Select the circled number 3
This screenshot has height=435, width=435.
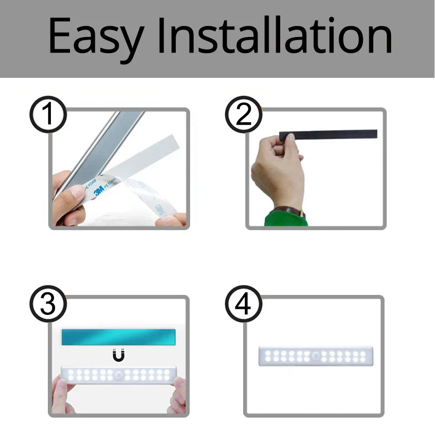(48, 304)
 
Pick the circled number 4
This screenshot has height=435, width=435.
(243, 304)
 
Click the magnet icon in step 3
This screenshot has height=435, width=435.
(118, 355)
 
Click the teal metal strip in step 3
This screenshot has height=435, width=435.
(118, 337)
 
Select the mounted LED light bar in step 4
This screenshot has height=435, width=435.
(316, 356)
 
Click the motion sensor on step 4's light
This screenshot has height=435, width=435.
(316, 356)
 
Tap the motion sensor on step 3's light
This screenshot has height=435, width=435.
(118, 375)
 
